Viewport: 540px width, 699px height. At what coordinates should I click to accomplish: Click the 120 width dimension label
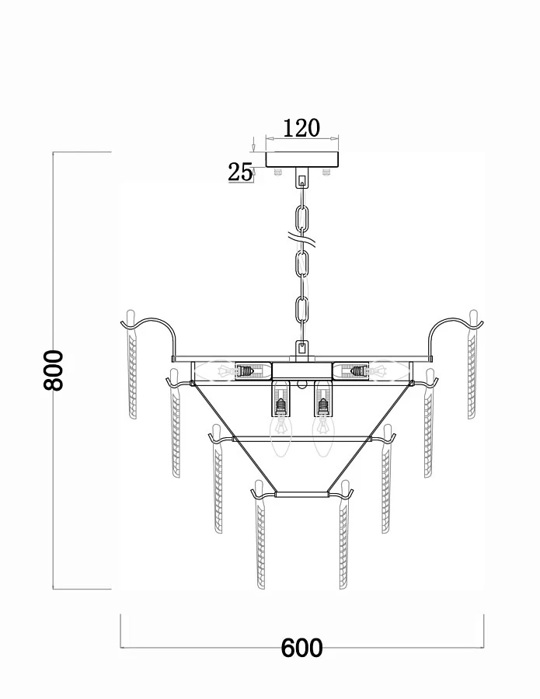pyautogui.click(x=302, y=128)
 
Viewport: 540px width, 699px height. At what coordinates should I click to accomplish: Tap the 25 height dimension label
pyautogui.click(x=240, y=172)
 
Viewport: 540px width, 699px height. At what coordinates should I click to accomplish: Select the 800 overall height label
pyautogui.click(x=54, y=370)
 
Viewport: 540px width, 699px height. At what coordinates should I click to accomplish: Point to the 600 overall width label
pyautogui.click(x=302, y=648)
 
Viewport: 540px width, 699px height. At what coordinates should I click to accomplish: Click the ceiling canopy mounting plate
pyautogui.click(x=302, y=159)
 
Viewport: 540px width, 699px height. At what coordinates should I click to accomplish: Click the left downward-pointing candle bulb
pyautogui.click(x=280, y=435)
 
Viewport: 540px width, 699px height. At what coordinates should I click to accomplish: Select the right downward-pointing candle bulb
pyautogui.click(x=323, y=435)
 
